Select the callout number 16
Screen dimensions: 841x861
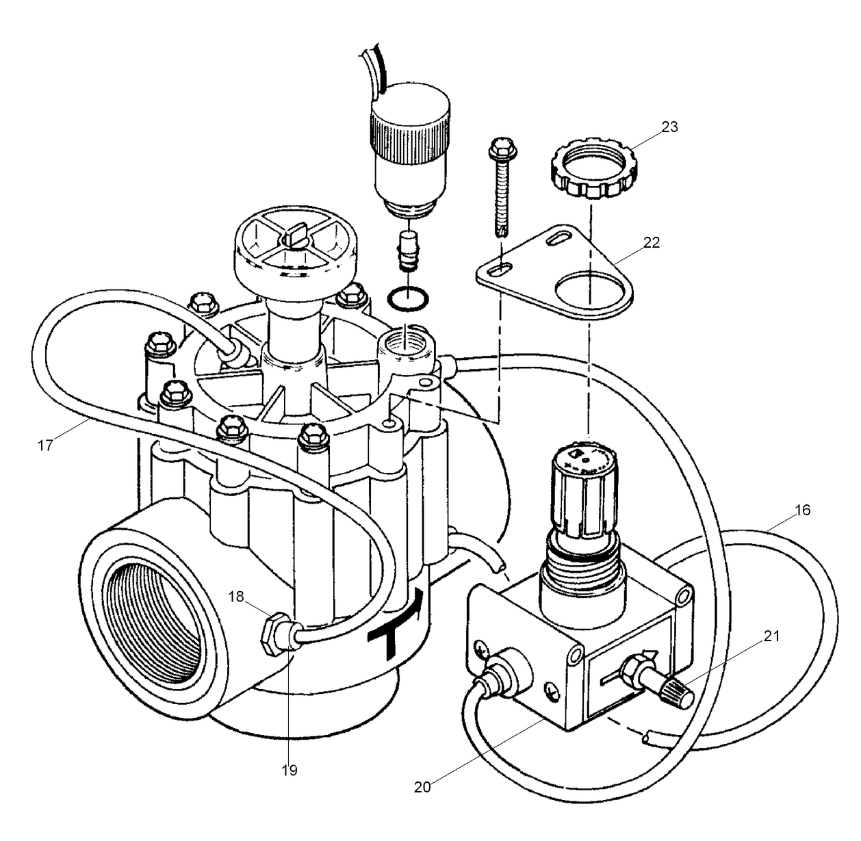coord(802,510)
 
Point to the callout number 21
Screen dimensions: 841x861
coord(771,636)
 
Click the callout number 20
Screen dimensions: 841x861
coord(422,786)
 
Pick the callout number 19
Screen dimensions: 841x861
coord(289,770)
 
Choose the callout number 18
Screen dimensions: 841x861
coord(236,597)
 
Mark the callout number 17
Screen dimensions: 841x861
coord(45,445)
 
